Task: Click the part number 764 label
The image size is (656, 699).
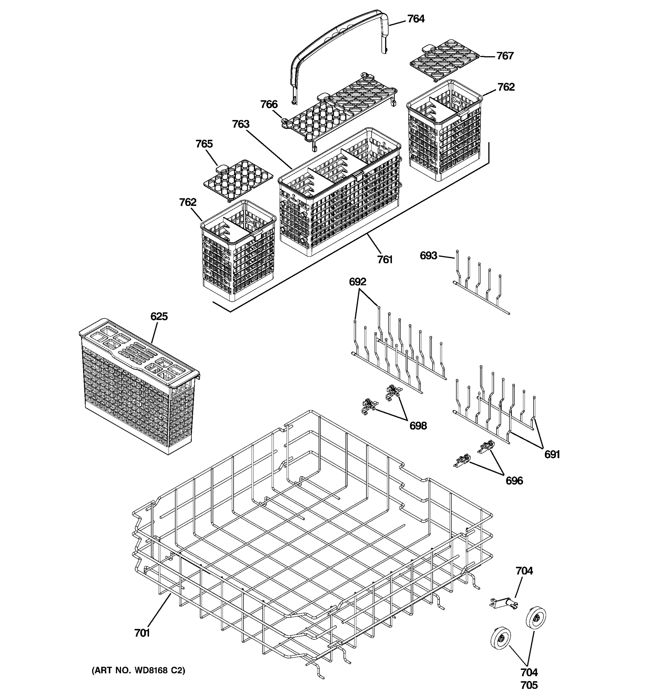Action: coord(416,19)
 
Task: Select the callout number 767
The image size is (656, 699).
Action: coord(505,56)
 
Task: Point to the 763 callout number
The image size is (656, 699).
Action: coord(241,124)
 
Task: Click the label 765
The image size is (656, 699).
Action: coord(204,144)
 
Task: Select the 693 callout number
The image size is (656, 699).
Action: coord(428,256)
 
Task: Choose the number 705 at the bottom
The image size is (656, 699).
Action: coord(529,685)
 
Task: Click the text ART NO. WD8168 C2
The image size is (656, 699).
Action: coord(138,670)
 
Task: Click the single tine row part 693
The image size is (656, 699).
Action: coord(480,287)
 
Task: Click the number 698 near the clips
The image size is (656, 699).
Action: coord(418,426)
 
